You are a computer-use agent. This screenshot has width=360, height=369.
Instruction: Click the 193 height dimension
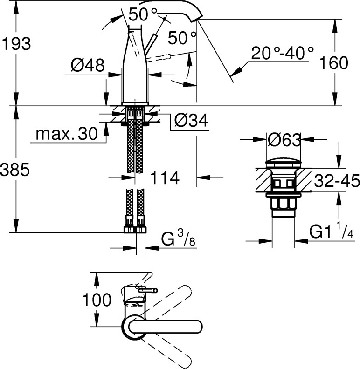pos(16,43)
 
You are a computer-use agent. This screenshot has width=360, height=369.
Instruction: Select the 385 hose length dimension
pos(15,169)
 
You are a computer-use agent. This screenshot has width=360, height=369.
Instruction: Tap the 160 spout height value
pos(333,62)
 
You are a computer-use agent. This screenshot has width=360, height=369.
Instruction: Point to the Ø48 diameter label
pos(88,65)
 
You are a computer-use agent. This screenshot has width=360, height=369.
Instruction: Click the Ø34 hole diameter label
pos(191,121)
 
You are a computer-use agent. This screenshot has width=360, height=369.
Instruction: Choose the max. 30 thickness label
pos(67,134)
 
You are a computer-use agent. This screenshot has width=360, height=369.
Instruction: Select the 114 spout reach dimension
pos(165,178)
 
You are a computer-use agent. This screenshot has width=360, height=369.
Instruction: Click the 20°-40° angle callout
pos(282,53)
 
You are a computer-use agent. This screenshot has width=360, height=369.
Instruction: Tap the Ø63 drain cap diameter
pos(284,140)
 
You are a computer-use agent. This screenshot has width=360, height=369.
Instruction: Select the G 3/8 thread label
pos(178,238)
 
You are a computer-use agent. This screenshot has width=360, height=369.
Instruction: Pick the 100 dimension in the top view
pos(97,300)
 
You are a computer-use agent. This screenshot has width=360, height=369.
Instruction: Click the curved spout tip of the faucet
pos(198,17)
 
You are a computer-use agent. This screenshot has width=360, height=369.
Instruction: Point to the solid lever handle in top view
pos(166,327)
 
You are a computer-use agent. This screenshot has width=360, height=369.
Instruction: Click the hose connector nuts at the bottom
pos(135,230)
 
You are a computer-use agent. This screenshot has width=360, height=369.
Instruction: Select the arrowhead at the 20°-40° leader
pos(236,71)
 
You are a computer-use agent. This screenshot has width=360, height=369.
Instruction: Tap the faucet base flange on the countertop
pos(135,104)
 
